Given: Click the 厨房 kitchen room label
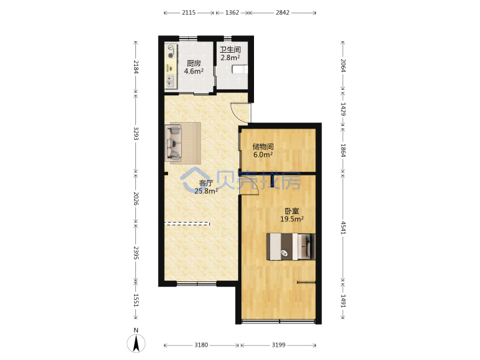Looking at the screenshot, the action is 194,63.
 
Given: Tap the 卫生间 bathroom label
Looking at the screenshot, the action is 230,49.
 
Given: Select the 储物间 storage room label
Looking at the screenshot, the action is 263,147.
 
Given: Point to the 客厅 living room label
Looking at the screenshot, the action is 206,183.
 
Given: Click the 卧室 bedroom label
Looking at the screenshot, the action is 292,211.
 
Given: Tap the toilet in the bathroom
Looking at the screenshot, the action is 240,69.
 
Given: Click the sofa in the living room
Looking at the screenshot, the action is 173,142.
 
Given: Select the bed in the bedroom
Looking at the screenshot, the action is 291,247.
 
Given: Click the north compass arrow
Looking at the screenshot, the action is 136,343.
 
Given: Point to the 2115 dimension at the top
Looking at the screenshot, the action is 189,13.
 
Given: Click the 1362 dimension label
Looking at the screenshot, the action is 232,13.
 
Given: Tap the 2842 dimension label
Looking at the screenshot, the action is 282,13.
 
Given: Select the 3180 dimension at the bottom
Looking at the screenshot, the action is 201,345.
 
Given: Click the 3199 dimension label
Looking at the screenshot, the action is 279,345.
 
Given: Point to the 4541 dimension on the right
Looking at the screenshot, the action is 343,227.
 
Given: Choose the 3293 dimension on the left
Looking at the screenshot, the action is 136,133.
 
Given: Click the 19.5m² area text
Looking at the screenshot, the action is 292,219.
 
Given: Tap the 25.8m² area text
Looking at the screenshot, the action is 206,191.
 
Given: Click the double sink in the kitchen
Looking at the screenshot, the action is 170,81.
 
